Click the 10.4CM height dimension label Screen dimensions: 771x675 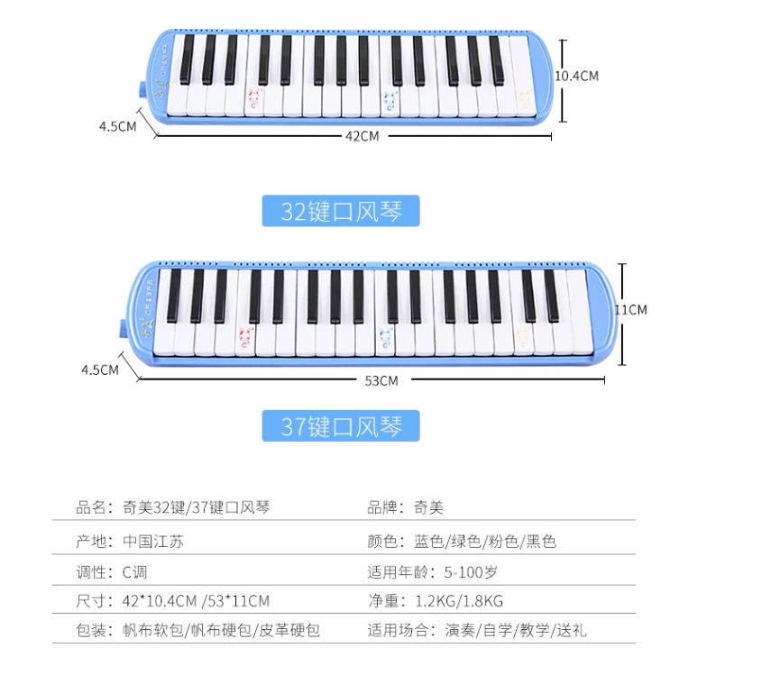tap(576, 77)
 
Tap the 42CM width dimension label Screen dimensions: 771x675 tap(362, 136)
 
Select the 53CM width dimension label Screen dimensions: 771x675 tap(381, 380)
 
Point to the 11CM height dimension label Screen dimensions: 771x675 tap(630, 309)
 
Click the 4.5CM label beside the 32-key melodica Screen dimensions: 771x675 tap(118, 126)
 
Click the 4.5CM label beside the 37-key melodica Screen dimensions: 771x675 tap(99, 369)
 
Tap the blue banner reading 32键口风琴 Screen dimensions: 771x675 tap(341, 211)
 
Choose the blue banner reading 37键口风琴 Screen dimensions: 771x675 tap(341, 425)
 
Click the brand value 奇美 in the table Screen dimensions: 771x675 tap(429, 507)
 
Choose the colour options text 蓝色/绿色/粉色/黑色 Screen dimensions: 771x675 tap(485, 542)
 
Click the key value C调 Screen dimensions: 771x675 tap(134, 571)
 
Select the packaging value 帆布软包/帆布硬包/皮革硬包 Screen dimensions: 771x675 tap(221, 630)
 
